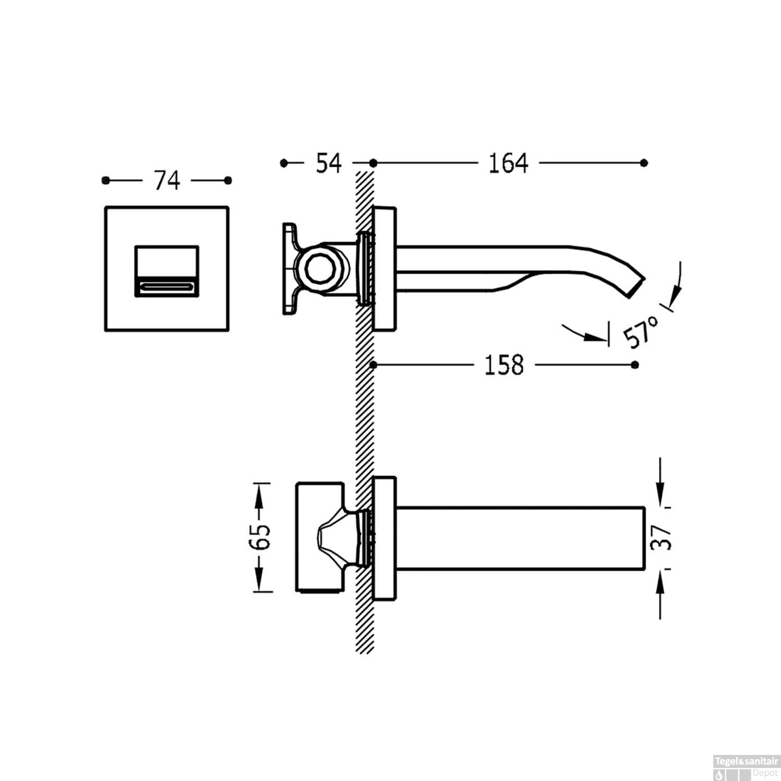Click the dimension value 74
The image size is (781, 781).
click(167, 181)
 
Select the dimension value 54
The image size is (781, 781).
click(329, 163)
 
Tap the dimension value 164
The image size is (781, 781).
click(508, 163)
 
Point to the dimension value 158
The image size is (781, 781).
click(504, 365)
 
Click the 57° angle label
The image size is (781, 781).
click(642, 332)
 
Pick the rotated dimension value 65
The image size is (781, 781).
click(260, 536)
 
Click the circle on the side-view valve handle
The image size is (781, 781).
click(318, 270)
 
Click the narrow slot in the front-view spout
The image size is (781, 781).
click(167, 286)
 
